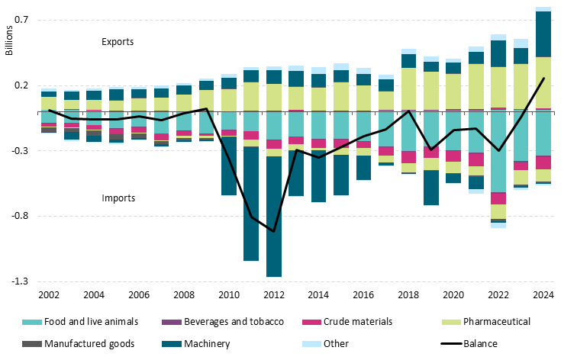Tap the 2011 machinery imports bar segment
(x=251, y=203)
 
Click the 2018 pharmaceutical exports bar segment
(x=409, y=88)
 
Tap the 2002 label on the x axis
(x=49, y=295)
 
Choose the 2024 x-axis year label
(x=543, y=295)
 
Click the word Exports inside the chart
(x=118, y=42)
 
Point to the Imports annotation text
(x=118, y=198)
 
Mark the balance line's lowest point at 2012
(x=274, y=231)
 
